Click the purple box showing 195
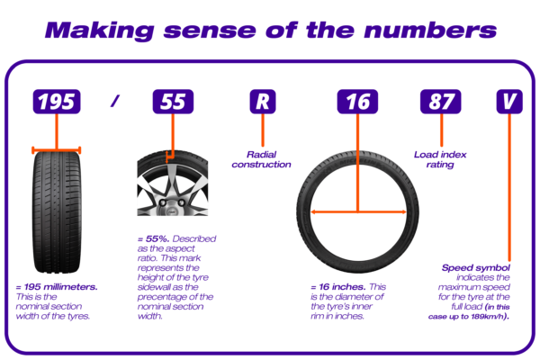click(57, 102)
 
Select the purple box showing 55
click(172, 102)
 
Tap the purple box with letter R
click(261, 102)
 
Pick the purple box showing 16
click(357, 102)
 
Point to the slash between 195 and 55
click(114, 102)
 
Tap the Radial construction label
click(261, 159)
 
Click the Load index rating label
click(439, 159)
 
